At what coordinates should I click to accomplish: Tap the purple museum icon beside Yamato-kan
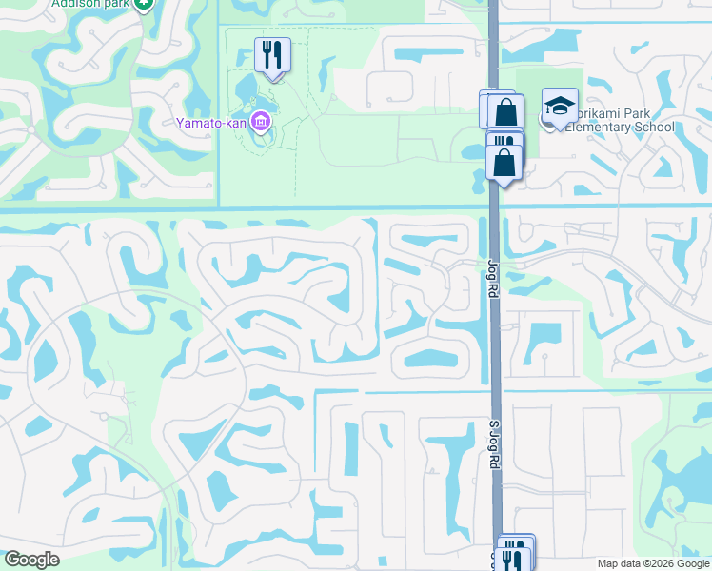pyautogui.click(x=261, y=123)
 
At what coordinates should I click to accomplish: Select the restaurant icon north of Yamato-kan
pyautogui.click(x=273, y=55)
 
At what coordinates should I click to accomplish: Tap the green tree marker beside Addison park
pyautogui.click(x=143, y=4)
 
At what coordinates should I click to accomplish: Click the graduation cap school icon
pyautogui.click(x=560, y=106)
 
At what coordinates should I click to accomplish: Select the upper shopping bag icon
pyautogui.click(x=505, y=110)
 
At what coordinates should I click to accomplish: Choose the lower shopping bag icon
pyautogui.click(x=504, y=163)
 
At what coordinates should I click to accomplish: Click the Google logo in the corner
pyautogui.click(x=31, y=560)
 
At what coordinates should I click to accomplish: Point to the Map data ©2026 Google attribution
pyautogui.click(x=652, y=563)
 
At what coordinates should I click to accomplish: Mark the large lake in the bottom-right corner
pyautogui.click(x=684, y=476)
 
